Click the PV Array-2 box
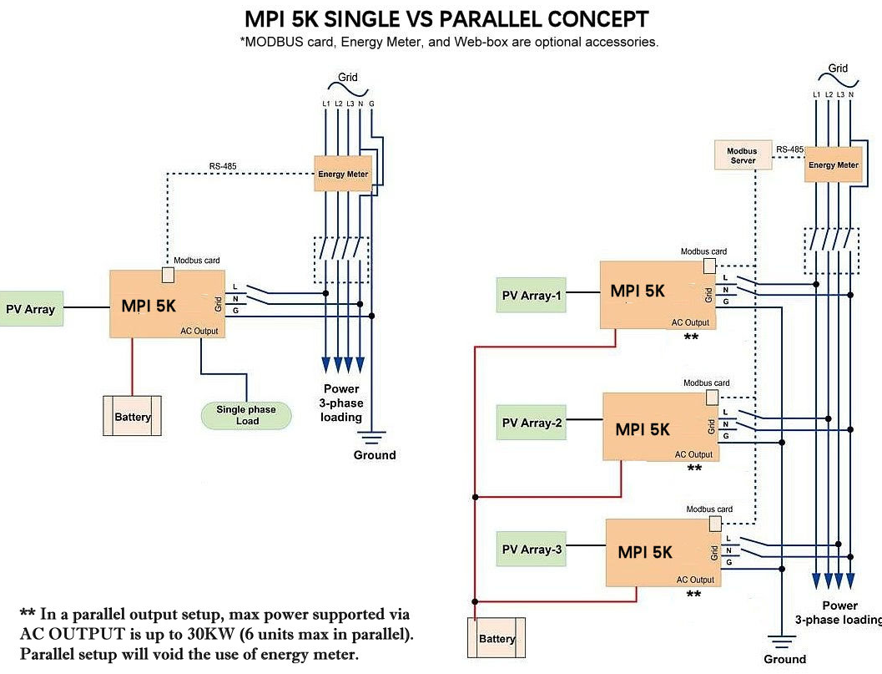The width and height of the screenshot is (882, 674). [531, 423]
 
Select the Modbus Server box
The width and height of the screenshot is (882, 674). [743, 155]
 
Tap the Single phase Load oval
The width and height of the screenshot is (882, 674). [246, 415]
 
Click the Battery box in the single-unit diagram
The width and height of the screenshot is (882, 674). [132, 416]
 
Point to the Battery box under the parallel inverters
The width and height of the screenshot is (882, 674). [496, 637]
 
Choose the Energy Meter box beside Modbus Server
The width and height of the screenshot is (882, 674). [833, 165]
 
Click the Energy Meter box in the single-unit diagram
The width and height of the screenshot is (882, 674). [343, 174]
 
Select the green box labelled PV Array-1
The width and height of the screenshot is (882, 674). [531, 295]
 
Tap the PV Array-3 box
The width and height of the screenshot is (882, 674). [531, 549]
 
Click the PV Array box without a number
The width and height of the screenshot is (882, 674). [31, 308]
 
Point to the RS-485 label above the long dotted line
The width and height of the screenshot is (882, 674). [223, 166]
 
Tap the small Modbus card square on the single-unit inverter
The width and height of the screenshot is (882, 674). [168, 276]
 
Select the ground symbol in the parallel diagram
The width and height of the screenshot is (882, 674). [781, 641]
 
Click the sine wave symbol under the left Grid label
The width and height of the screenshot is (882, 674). [348, 89]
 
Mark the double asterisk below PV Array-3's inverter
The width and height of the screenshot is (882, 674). [693, 594]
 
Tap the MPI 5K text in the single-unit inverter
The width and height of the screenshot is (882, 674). [149, 306]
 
